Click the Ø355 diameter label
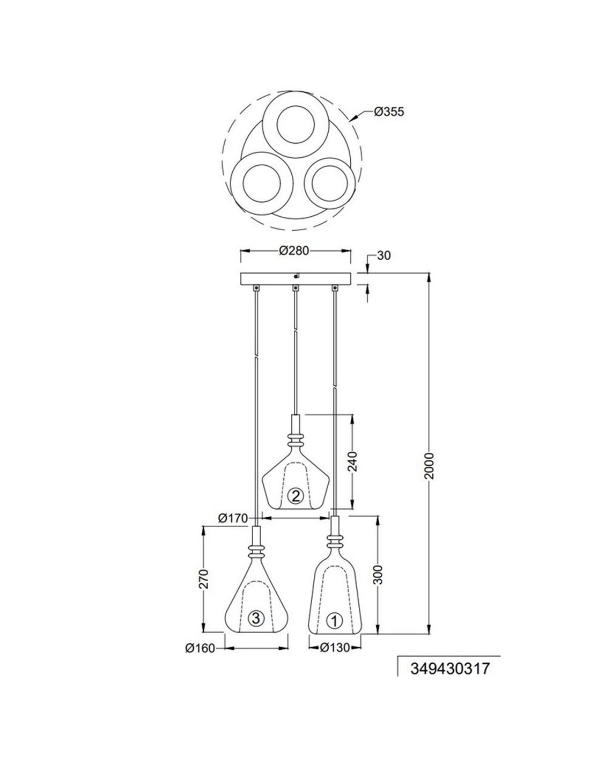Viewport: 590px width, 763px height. (389, 112)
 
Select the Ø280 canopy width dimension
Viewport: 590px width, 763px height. (294, 251)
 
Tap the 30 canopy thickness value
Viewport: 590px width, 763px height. (383, 255)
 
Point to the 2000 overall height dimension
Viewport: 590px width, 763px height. (429, 466)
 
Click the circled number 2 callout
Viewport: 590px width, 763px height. (295, 496)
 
